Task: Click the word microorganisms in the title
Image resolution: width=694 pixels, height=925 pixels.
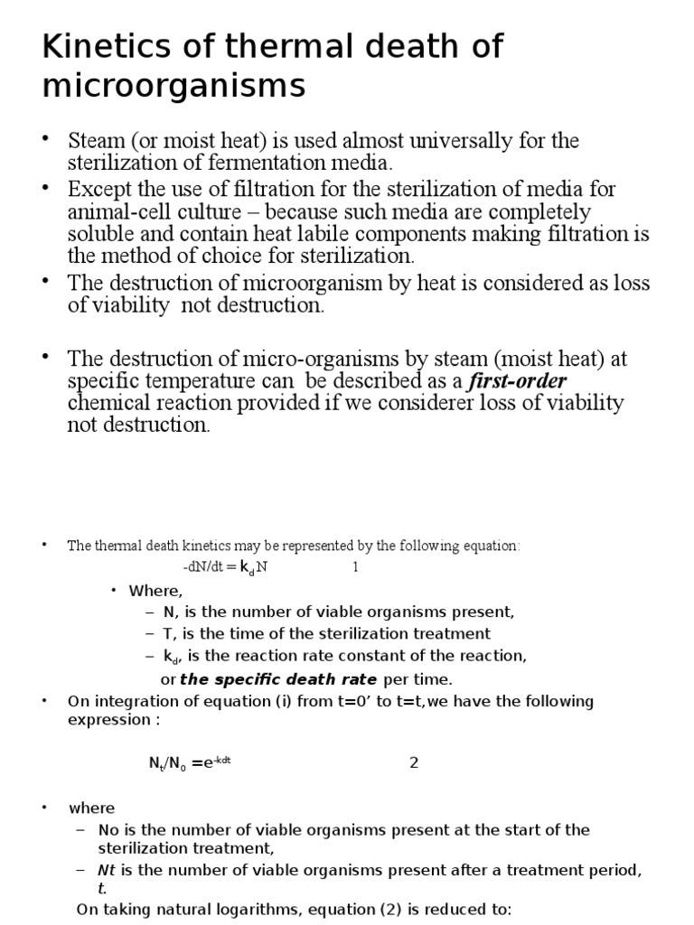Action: [173, 88]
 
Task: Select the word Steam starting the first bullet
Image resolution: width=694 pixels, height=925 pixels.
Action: [98, 141]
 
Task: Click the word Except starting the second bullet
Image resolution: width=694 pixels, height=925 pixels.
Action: [101, 189]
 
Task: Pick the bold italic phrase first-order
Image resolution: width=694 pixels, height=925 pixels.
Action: [517, 380]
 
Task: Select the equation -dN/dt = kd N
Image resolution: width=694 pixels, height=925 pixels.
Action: [227, 567]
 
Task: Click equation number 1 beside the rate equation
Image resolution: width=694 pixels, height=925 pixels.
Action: [355, 567]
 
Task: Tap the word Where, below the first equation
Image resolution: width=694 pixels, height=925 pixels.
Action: [155, 591]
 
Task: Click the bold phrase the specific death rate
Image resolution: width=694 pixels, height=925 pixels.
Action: [279, 678]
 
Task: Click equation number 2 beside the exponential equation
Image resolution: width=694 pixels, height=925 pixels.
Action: [414, 762]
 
